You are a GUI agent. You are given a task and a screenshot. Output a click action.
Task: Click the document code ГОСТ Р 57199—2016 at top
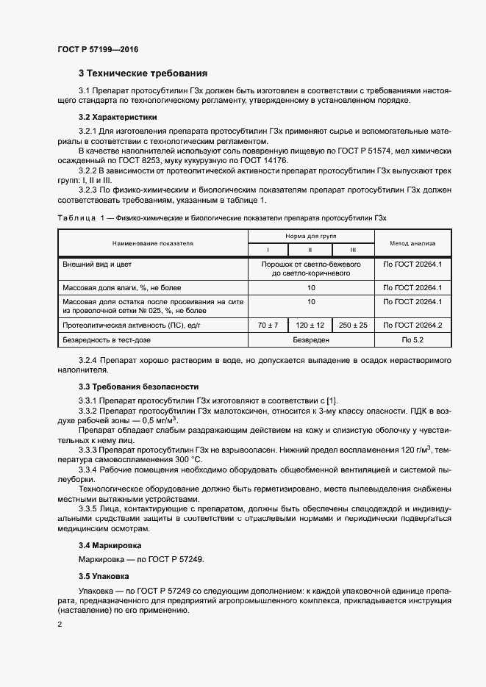[98, 49]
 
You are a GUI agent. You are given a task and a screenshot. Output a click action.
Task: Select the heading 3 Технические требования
[143, 73]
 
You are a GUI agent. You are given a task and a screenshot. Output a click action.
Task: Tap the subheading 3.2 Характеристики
[117, 118]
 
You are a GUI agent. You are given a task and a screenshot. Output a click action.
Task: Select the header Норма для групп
[311, 237]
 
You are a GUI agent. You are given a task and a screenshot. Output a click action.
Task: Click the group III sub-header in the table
[353, 249]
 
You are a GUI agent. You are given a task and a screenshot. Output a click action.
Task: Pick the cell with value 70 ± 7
[268, 324]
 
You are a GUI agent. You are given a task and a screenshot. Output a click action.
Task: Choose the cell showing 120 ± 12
[311, 324]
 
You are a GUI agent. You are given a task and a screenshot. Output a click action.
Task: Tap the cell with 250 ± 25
[353, 324]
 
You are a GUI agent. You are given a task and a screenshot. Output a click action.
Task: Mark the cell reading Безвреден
[311, 340]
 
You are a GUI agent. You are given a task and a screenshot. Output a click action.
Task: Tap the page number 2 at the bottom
[60, 625]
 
